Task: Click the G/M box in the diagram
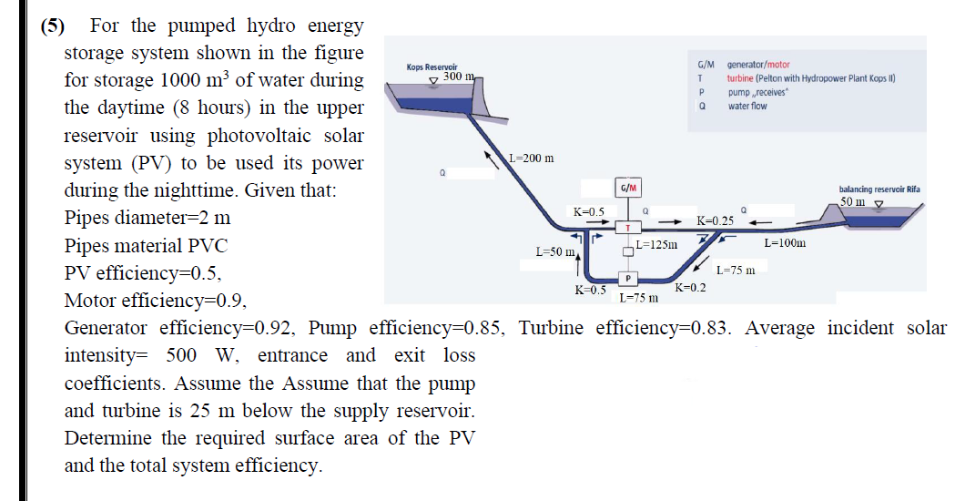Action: click(x=627, y=189)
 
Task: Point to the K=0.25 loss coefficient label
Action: click(x=715, y=221)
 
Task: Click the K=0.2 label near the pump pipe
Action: click(x=691, y=288)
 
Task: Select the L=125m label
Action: click(x=657, y=244)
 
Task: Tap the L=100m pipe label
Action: click(x=785, y=243)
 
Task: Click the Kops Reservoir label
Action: click(x=431, y=66)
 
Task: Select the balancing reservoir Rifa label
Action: click(x=879, y=189)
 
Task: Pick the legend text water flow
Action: click(x=747, y=106)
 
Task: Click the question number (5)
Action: click(x=55, y=26)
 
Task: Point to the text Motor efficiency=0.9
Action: click(x=155, y=301)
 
